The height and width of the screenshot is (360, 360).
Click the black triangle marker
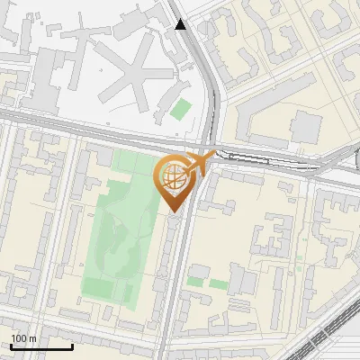coord(182,23)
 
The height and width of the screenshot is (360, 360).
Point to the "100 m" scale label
coord(23,337)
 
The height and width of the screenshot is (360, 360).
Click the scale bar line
coord(41,346)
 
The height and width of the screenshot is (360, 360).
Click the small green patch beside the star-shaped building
coord(182,110)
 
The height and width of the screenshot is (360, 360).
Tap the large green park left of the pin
coord(112,234)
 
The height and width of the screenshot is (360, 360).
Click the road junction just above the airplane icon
coord(211,144)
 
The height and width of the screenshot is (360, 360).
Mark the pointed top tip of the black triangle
coord(182,18)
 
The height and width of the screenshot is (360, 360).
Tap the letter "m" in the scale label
coord(32,338)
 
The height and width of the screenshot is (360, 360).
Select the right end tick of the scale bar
coord(72,345)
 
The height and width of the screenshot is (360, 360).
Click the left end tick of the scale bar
coord(11,345)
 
